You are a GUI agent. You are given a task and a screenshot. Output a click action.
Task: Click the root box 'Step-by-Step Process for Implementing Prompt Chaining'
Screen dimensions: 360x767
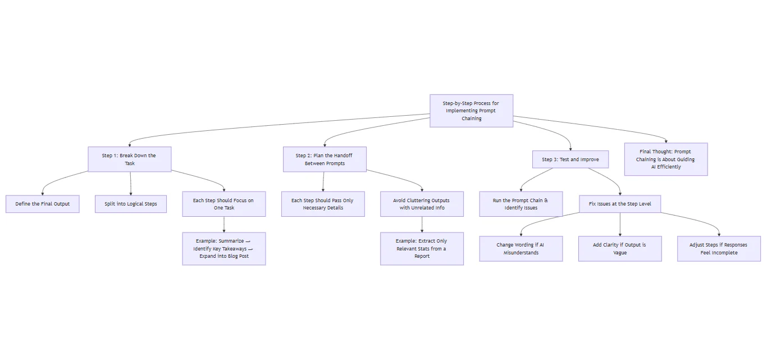pos(471,111)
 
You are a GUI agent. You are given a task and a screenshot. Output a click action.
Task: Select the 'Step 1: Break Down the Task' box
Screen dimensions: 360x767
pos(129,159)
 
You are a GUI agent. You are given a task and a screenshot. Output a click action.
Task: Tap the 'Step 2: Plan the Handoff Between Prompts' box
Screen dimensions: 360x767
pos(325,159)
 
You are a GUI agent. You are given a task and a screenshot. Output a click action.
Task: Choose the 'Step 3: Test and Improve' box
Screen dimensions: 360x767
pos(570,160)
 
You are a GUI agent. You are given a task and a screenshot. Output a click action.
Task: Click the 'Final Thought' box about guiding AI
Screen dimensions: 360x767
pos(665,159)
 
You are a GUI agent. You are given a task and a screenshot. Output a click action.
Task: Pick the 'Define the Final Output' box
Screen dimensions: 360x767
pos(43,204)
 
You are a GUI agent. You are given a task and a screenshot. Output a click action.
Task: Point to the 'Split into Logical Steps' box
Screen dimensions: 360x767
pos(130,204)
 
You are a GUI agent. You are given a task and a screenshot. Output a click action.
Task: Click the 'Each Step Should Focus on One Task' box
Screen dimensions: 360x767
pos(223,204)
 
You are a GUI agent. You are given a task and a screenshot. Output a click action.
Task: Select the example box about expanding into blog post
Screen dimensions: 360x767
pos(223,248)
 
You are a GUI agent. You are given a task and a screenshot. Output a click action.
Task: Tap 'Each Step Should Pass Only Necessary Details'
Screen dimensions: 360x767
pos(322,204)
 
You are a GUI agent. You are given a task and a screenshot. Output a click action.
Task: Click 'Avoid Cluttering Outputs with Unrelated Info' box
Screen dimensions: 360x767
pos(422,204)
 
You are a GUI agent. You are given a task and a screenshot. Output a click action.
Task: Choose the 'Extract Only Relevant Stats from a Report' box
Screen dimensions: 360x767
pos(422,248)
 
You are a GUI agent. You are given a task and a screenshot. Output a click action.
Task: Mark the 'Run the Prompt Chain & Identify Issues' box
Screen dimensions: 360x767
pos(521,204)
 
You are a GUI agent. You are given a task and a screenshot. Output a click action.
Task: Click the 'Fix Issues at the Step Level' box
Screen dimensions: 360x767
pos(620,204)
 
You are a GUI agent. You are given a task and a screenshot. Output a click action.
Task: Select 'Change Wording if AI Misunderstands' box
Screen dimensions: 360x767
pos(521,249)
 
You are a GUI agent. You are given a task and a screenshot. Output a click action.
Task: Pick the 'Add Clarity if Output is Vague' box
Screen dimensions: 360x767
pos(620,249)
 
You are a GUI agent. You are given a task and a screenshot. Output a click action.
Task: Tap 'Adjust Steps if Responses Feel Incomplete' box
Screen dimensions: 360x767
pos(719,249)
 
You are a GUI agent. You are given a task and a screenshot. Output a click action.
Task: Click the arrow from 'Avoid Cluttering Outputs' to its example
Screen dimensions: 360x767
pos(422,224)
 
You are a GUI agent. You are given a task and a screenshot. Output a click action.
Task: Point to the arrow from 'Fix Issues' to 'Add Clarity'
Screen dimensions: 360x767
pos(620,224)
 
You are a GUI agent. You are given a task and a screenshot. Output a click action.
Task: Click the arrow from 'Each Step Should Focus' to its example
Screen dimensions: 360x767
pos(223,224)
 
